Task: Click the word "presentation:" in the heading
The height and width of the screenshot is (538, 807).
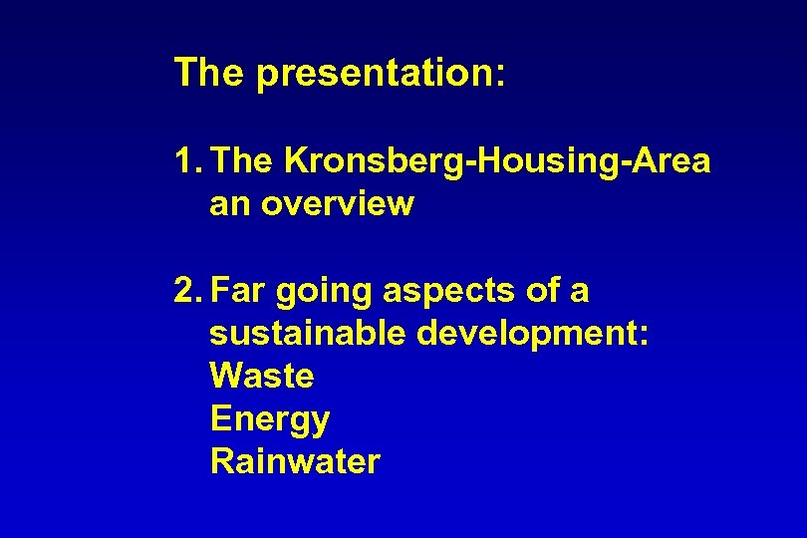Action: (382, 74)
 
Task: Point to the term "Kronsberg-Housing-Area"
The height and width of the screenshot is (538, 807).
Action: (497, 160)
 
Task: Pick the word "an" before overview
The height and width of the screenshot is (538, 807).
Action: (231, 204)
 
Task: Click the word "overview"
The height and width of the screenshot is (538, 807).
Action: (339, 204)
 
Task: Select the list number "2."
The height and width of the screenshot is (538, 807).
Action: (189, 291)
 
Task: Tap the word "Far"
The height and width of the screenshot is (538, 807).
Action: (240, 291)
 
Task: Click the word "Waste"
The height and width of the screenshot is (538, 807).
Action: (262, 377)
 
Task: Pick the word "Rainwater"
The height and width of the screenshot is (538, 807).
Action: (296, 462)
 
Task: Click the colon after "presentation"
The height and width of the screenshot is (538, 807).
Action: (500, 76)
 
